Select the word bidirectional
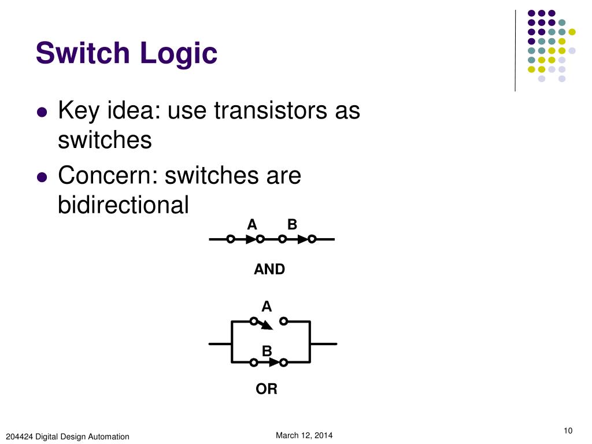[x=123, y=205]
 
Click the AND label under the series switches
[x=269, y=269]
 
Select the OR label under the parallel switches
[x=267, y=390]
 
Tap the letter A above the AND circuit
[x=251, y=224]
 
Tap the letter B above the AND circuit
[x=292, y=224]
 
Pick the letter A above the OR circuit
[x=267, y=306]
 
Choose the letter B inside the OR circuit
[x=267, y=351]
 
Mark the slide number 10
[x=567, y=430]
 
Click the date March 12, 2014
[x=304, y=435]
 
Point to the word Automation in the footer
[x=109, y=436]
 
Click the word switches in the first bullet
[x=105, y=140]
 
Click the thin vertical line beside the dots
[x=515, y=51]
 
